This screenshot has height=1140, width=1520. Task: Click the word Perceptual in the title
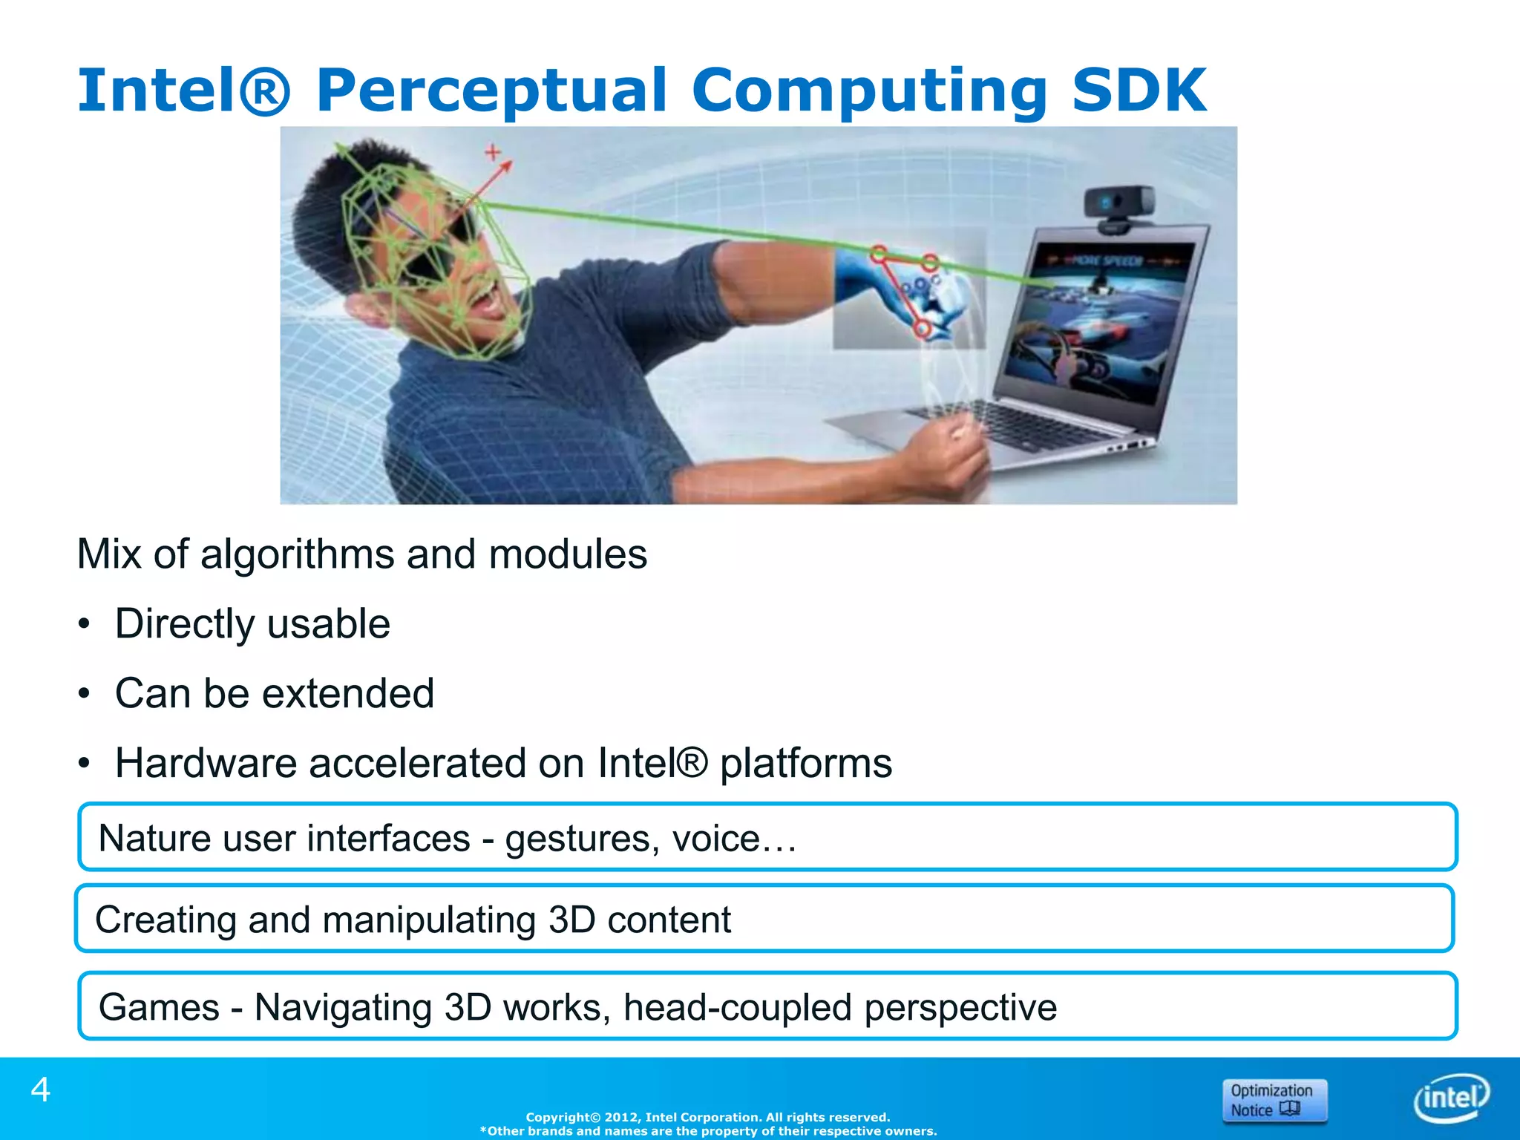coord(491,91)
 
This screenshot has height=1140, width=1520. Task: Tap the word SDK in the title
coord(1139,91)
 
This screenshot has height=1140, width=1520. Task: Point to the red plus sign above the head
coord(493,152)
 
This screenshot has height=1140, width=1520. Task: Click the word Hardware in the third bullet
coord(206,763)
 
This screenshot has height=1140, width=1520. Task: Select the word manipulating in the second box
coord(428,920)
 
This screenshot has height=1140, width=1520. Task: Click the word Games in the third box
coord(159,1008)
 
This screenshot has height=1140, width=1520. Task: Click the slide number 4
coord(40,1090)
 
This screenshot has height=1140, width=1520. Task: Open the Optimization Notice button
coord(1274,1100)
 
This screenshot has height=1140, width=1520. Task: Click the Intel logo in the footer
coord(1451,1097)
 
